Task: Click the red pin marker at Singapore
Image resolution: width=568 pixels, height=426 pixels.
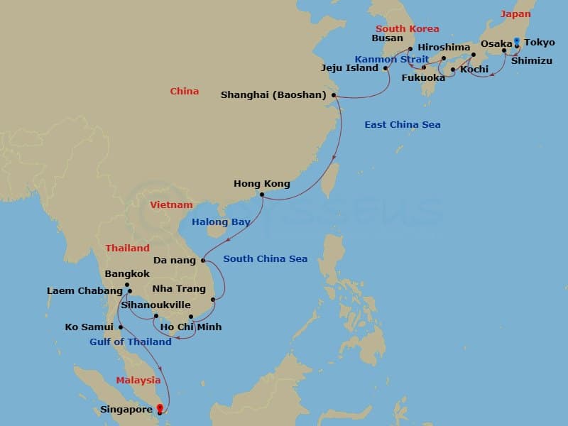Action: [x=159, y=408]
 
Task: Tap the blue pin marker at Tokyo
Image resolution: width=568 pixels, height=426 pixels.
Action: [x=516, y=41]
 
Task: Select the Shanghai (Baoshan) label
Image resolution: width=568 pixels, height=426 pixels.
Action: [x=273, y=94]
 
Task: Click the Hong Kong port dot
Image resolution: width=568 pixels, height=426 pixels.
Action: [x=262, y=194]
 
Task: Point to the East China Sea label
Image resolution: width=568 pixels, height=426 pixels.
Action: [x=403, y=125]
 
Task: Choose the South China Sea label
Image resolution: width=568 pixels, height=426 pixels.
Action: [x=266, y=259]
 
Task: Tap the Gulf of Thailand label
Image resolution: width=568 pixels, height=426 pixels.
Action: [x=131, y=342]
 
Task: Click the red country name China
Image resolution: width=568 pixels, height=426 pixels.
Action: [x=185, y=92]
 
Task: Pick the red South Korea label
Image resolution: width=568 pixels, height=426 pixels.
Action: [x=408, y=29]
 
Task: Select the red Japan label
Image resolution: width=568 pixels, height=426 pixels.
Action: [x=515, y=14]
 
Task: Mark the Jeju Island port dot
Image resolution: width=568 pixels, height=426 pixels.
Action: [x=386, y=69]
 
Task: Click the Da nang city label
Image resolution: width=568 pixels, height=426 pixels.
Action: [x=173, y=261]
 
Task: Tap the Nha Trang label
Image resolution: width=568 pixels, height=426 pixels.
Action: [x=179, y=289]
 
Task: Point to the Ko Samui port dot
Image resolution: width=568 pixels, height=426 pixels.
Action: [x=121, y=327]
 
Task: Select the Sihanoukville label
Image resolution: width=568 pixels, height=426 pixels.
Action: [x=155, y=305]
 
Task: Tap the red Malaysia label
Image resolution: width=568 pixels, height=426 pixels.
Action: [x=139, y=381]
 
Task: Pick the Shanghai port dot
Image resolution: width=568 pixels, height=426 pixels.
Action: [x=333, y=95]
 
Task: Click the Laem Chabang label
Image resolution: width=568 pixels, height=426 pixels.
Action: [x=84, y=290]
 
